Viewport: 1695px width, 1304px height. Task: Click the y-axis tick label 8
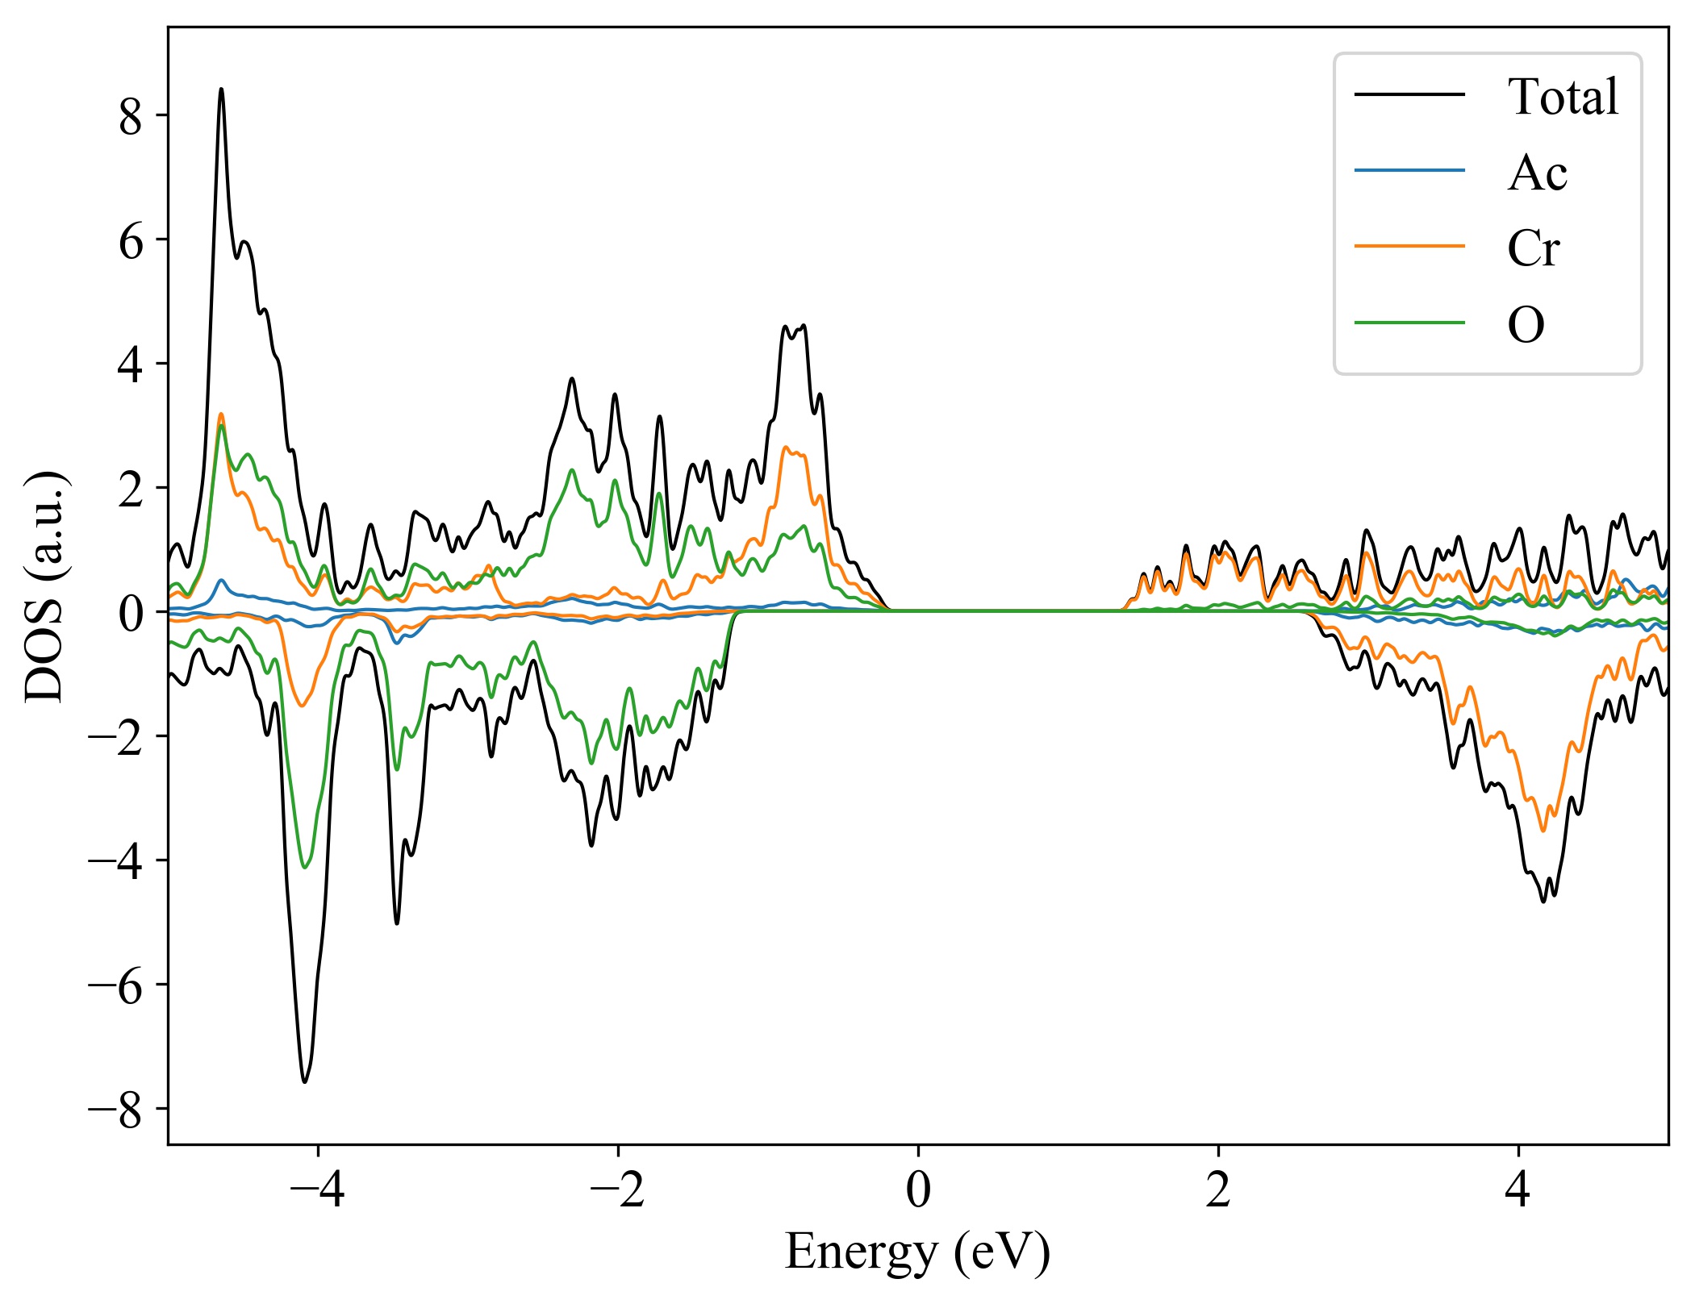pos(130,117)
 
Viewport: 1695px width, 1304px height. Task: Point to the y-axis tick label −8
pos(115,1110)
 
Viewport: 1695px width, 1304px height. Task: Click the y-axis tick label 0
pos(130,614)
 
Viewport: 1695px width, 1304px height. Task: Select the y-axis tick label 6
pos(130,241)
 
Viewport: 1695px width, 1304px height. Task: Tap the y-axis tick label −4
pos(115,862)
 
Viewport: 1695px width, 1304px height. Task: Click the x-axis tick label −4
pos(317,1190)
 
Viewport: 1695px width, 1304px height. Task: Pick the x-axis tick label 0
pos(918,1190)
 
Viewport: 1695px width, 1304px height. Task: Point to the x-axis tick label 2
pos(1218,1190)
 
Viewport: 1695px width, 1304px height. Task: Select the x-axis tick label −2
pos(617,1190)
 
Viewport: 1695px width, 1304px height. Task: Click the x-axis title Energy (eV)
pos(917,1252)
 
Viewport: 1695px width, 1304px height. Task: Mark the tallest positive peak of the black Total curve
pos(221,90)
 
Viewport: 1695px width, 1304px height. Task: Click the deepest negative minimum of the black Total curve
pos(304,1081)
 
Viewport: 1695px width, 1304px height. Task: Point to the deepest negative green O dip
pos(304,867)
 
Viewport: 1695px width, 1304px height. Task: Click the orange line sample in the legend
pos(1409,246)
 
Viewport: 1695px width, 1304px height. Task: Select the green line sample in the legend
pos(1409,323)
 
